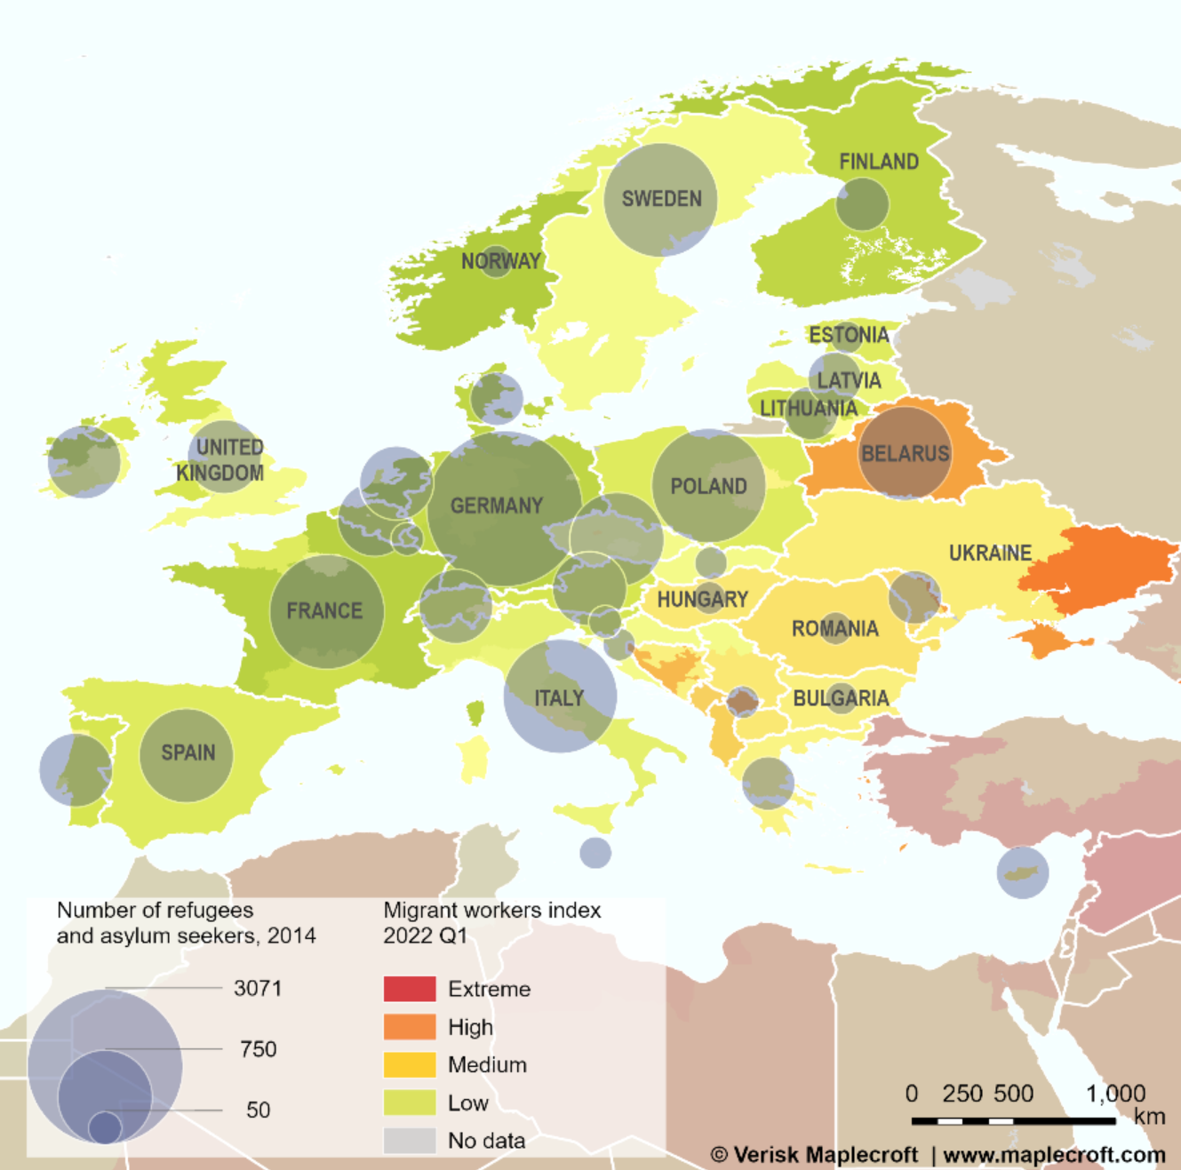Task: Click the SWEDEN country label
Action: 661,199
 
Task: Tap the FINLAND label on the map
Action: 878,162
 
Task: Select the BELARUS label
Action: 905,454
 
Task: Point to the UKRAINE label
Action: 990,553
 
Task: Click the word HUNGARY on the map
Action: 702,600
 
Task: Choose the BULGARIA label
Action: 841,698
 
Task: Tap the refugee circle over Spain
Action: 187,755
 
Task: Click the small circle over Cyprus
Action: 1022,872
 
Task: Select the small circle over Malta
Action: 595,853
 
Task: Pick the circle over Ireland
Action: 84,462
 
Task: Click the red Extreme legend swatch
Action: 410,989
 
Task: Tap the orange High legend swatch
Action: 410,1027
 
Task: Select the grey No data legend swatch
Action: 410,1140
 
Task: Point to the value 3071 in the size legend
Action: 258,988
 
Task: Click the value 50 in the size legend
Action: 258,1110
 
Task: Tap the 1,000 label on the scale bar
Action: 1115,1094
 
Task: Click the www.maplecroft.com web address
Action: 1054,1155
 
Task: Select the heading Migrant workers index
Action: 491,911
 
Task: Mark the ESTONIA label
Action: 848,335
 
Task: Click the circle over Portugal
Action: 76,769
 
